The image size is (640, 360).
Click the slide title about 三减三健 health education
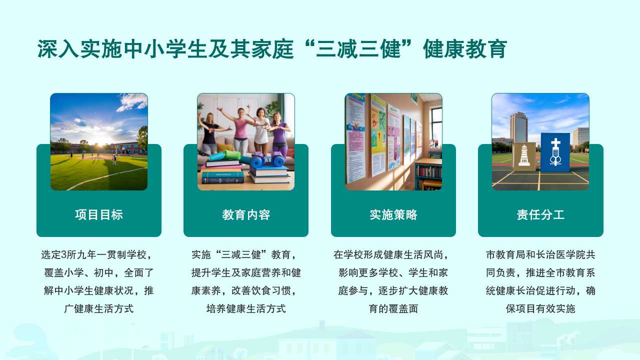point(272,49)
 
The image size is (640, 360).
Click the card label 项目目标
point(99,215)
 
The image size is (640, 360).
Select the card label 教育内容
point(246,215)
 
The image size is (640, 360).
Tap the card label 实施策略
point(393,215)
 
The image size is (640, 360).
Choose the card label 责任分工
point(540,215)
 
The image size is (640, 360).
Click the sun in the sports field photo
point(101,142)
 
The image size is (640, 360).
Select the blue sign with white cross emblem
point(555,152)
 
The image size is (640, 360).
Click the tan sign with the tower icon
point(524,156)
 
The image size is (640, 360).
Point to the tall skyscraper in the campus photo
point(518,127)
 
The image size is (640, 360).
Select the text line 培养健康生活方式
point(246,308)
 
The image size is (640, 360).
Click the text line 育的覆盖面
point(393,308)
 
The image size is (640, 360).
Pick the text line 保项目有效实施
point(540,308)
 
